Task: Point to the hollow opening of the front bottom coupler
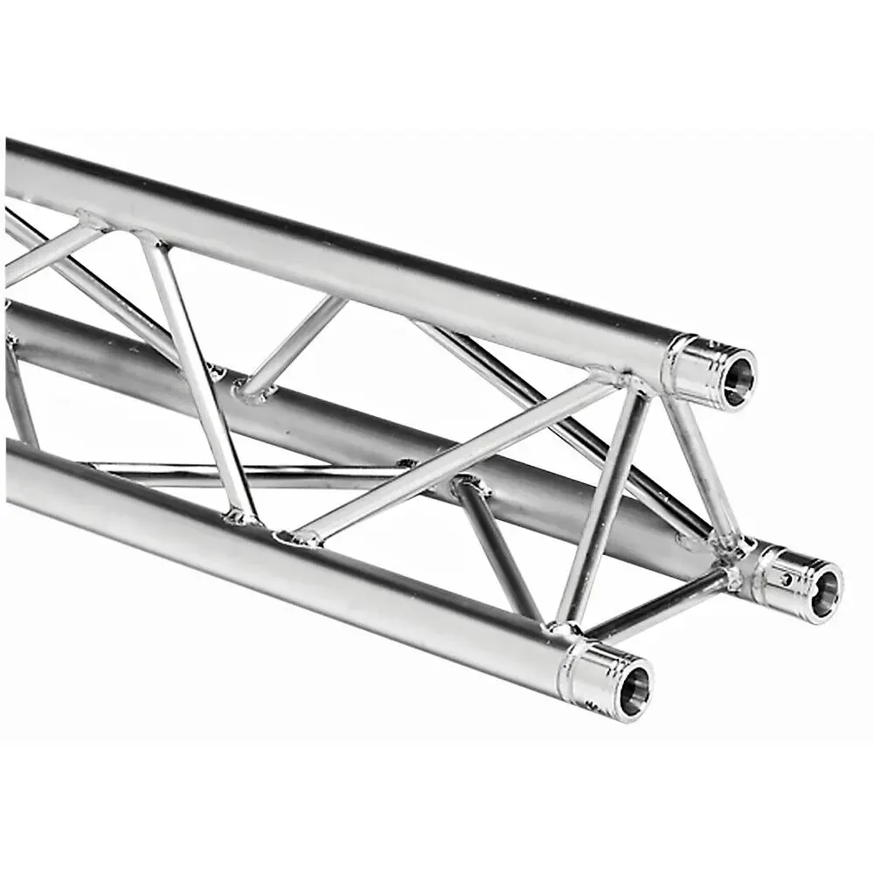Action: (x=635, y=686)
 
